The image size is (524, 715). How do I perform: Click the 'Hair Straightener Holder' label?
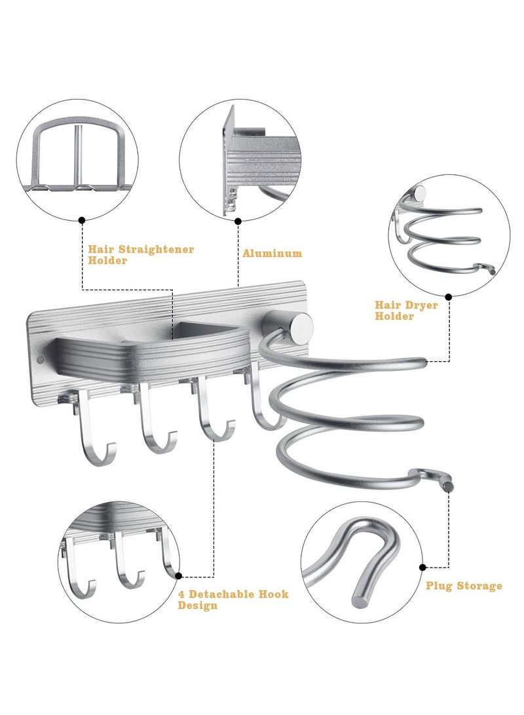point(141,254)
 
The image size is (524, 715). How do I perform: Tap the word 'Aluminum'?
point(272,253)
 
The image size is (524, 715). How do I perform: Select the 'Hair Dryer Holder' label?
point(406,310)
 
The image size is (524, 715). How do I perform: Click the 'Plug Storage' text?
point(464,585)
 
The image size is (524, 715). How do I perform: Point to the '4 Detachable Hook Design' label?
point(233,600)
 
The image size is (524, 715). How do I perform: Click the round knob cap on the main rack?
point(302,325)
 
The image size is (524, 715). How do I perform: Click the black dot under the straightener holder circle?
point(82,221)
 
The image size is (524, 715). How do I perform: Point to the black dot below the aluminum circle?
point(237,221)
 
